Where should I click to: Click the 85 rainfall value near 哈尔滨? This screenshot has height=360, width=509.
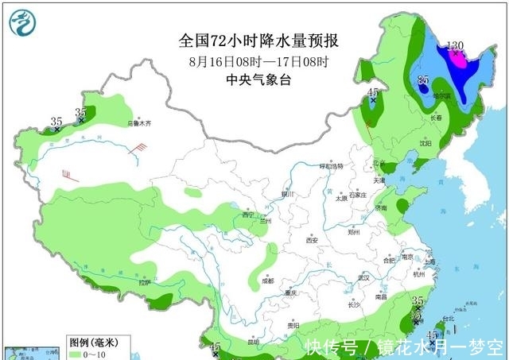(x=423, y=80)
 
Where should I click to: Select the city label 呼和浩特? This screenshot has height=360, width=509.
(x=331, y=166)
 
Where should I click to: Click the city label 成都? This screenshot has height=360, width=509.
(x=267, y=281)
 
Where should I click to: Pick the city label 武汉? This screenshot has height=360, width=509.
(x=365, y=277)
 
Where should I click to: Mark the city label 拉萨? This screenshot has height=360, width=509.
(x=143, y=282)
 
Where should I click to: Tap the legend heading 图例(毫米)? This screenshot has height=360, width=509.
(x=93, y=342)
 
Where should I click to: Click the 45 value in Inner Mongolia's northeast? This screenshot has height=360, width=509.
(x=373, y=93)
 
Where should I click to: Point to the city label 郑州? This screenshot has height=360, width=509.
(x=355, y=233)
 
